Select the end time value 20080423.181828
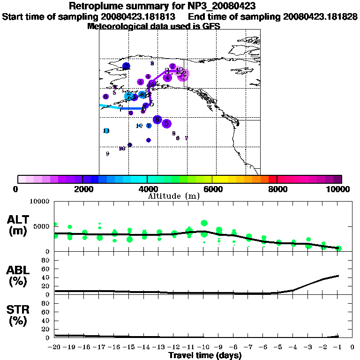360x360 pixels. pyautogui.click(x=321, y=17)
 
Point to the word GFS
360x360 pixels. pyautogui.click(x=211, y=26)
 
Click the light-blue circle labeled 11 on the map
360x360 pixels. pyautogui.click(x=106, y=131)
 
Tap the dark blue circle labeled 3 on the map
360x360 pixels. pyautogui.click(x=126, y=66)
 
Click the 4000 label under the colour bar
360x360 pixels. pyautogui.click(x=148, y=189)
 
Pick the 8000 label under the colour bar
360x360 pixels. pyautogui.click(x=277, y=189)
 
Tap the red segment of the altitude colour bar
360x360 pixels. pyautogui.click(x=273, y=179)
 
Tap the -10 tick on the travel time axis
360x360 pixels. pyautogui.click(x=203, y=347)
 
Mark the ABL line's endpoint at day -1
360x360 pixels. pyautogui.click(x=338, y=276)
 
